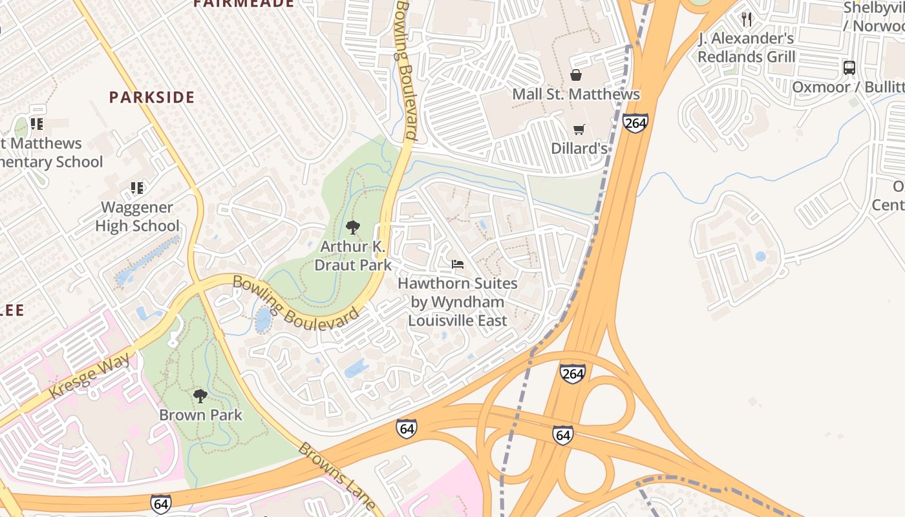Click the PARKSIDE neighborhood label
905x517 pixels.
151,98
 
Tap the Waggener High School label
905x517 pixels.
137,216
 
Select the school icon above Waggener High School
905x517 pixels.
137,188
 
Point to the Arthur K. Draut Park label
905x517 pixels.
352,256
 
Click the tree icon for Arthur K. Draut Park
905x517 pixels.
352,227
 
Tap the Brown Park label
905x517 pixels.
200,415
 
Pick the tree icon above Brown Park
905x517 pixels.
200,396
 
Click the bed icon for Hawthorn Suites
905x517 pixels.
458,264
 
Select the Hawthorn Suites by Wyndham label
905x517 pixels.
457,302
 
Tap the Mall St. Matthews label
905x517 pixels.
575,94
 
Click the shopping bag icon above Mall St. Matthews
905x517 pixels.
575,76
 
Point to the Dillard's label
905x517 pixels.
579,149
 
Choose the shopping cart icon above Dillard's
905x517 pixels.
579,130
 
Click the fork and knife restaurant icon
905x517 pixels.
747,19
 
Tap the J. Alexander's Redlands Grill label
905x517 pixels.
746,48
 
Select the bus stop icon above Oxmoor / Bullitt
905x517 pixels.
849,68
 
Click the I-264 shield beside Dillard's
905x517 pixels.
635,123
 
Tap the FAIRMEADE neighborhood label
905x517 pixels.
244,3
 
